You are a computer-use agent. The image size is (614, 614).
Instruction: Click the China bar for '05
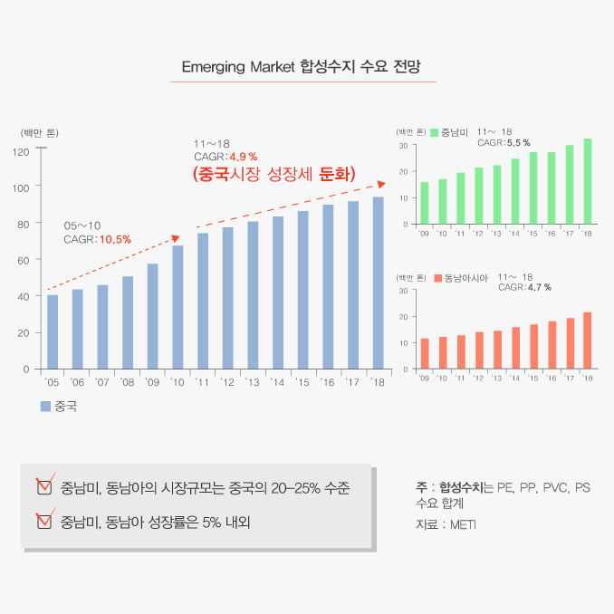(x=53, y=332)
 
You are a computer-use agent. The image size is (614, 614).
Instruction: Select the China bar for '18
(x=378, y=283)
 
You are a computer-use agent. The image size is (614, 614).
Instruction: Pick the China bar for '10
(x=177, y=308)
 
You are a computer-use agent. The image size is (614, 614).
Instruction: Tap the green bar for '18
(x=588, y=181)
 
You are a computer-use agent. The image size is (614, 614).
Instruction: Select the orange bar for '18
(x=588, y=341)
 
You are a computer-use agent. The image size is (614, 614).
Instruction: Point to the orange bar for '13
(x=497, y=350)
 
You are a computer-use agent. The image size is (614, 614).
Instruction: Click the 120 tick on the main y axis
(x=24, y=151)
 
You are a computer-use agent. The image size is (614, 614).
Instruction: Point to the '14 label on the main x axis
(x=277, y=383)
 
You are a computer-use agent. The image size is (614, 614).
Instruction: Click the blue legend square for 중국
(x=45, y=407)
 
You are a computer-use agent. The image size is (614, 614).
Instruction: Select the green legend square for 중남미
(x=435, y=132)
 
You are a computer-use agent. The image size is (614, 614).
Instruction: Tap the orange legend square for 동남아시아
(x=436, y=277)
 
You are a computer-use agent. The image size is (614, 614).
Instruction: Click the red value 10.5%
(x=115, y=239)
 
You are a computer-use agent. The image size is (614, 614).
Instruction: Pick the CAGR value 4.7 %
(x=539, y=287)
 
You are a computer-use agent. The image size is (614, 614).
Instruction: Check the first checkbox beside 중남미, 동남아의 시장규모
(x=43, y=487)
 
